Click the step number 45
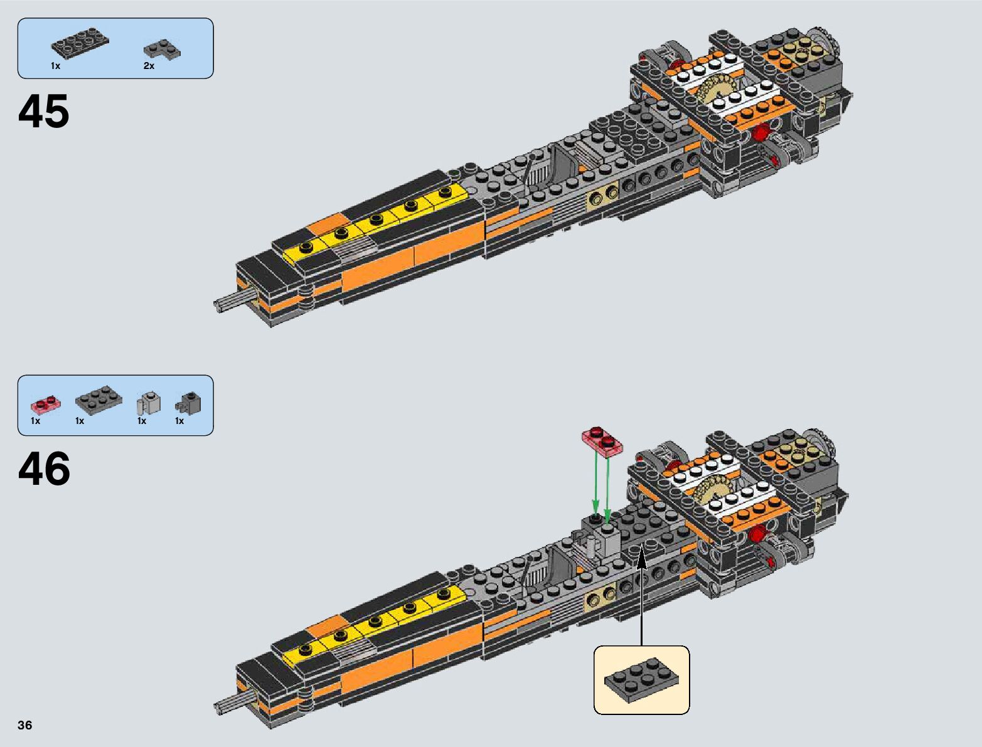tap(43, 112)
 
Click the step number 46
tap(44, 469)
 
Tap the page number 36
tap(24, 725)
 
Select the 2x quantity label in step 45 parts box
tap(149, 66)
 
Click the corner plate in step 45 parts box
tap(162, 49)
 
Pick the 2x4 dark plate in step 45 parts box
tap(80, 42)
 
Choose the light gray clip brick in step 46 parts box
tap(149, 403)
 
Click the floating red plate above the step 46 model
tap(603, 440)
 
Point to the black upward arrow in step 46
tap(641, 596)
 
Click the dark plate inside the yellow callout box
tap(641, 679)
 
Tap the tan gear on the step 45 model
tap(722, 91)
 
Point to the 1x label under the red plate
tap(35, 421)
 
